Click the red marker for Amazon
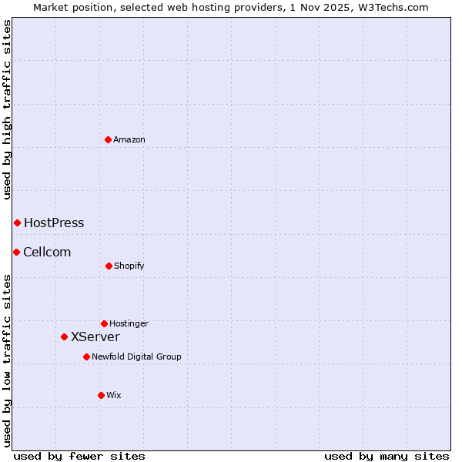click(x=109, y=139)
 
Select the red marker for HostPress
click(x=17, y=223)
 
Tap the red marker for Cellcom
click(x=16, y=252)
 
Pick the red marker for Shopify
click(x=109, y=266)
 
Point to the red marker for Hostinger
click(x=104, y=323)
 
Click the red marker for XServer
click(x=65, y=336)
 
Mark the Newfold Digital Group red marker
click(x=86, y=357)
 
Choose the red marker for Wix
click(x=101, y=395)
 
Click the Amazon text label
click(x=129, y=139)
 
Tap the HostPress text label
click(x=54, y=223)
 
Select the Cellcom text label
click(x=47, y=253)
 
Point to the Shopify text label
click(x=129, y=266)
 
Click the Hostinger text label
click(x=129, y=324)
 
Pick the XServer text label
click(x=95, y=337)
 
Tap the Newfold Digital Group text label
click(x=136, y=357)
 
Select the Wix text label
click(x=114, y=396)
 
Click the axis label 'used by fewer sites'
click(x=79, y=457)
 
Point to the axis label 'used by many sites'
click(x=387, y=457)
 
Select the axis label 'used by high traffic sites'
click(x=7, y=109)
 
